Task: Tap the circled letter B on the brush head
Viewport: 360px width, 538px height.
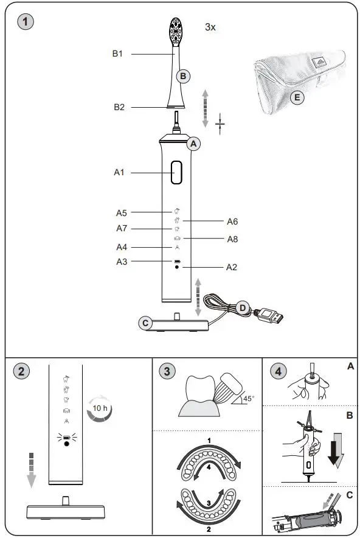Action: (x=184, y=76)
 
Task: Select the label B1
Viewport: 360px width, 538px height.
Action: (x=118, y=54)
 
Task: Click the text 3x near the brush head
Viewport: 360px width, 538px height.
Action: (x=210, y=28)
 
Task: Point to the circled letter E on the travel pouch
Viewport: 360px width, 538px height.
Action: (x=297, y=96)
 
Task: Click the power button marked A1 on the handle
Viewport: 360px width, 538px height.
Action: (x=176, y=173)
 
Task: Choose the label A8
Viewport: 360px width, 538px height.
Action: (x=232, y=239)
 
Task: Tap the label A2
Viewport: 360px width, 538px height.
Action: (x=232, y=267)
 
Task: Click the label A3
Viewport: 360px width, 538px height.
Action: (x=122, y=262)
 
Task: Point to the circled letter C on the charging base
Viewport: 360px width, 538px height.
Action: (x=145, y=323)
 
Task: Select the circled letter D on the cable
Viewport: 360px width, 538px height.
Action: (x=242, y=308)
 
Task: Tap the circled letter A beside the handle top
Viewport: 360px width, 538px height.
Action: (x=194, y=144)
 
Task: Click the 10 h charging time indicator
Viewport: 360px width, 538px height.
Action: (x=99, y=409)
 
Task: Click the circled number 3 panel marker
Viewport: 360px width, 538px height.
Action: (x=167, y=371)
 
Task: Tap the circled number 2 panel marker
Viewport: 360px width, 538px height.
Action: (x=21, y=371)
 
